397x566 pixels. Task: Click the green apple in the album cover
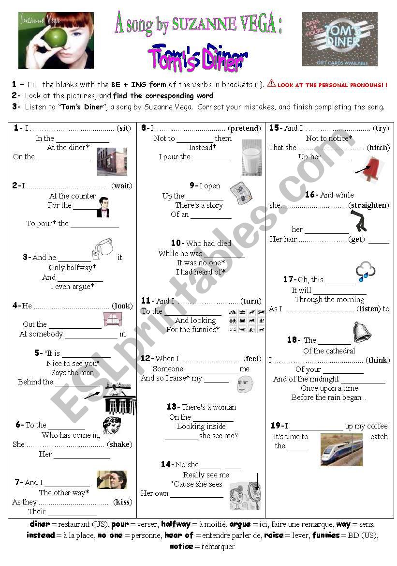56,38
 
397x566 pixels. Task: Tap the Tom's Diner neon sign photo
339,39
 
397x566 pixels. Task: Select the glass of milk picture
251,157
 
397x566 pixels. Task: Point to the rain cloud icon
365,272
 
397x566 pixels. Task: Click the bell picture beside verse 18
361,332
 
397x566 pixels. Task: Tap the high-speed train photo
341,449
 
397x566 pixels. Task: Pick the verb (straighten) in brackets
368,205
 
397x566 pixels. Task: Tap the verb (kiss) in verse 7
123,502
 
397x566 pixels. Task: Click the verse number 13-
173,407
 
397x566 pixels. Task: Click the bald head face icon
245,384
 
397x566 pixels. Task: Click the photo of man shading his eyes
112,479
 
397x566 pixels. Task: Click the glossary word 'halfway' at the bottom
176,524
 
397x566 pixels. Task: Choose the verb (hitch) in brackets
378,148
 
